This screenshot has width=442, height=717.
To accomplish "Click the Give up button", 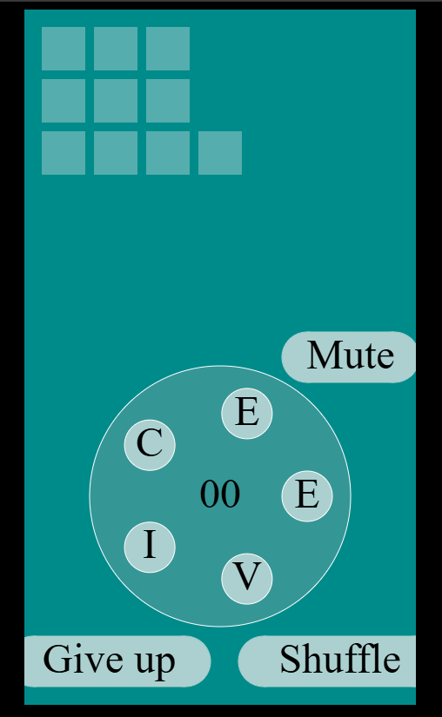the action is coord(117,661).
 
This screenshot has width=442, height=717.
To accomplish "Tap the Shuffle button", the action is coord(326,661).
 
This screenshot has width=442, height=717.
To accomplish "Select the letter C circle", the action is coord(150,445).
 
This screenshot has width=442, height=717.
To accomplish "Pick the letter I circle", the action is coord(150,547).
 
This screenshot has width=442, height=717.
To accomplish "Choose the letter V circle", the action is coord(247,579).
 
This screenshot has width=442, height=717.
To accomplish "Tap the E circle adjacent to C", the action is coord(247,414).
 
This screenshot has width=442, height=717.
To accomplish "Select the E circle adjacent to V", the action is coord(307,496).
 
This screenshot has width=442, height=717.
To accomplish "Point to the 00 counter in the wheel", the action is coord(220,495).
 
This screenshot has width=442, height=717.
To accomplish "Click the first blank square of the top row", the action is coord(64,49).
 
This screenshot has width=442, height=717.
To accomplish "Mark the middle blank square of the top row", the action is coord(116,49).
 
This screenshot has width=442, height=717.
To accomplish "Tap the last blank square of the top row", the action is coord(168,49).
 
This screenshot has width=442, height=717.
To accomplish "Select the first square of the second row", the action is coord(64,101).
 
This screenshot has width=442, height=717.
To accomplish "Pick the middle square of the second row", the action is coord(116,101).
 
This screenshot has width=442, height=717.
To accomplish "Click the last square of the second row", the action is coord(168,101).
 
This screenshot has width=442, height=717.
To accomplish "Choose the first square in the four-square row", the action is coord(64,153).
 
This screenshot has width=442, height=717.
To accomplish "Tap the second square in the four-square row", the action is coord(116,153).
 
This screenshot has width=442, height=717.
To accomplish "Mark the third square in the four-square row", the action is coord(168,153).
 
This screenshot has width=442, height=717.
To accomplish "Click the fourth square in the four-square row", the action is coord(220,153).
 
